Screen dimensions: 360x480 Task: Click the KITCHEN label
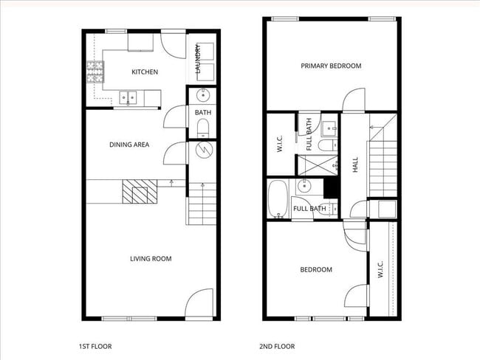(x=144, y=72)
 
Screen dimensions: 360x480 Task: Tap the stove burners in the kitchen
(x=96, y=72)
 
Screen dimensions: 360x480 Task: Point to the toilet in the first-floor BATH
(x=203, y=131)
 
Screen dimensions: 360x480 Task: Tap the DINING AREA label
(x=129, y=145)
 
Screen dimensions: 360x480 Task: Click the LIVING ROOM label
(x=151, y=258)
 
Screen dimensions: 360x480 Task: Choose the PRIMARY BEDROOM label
(x=331, y=66)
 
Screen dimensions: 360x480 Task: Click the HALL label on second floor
(x=355, y=165)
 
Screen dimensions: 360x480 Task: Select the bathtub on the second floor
(x=278, y=199)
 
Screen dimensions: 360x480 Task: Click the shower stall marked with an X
(x=318, y=165)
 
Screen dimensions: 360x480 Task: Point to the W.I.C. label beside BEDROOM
(x=380, y=269)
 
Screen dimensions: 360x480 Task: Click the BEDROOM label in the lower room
(x=315, y=270)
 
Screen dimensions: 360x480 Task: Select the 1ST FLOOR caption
(x=95, y=346)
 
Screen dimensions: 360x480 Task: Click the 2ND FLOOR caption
(x=277, y=346)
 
